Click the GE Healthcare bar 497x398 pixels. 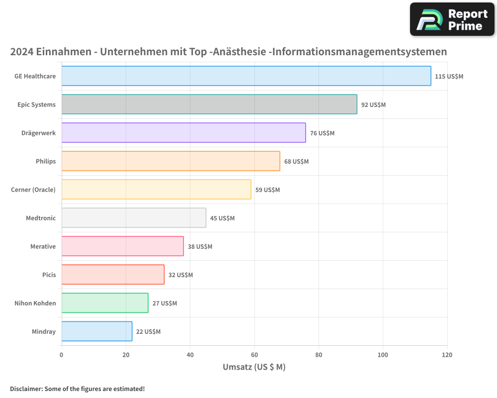(x=246, y=76)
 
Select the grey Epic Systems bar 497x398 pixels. (x=209, y=104)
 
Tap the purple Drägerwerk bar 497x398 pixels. (x=183, y=133)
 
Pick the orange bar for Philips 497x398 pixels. (x=170, y=161)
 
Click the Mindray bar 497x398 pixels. (x=97, y=331)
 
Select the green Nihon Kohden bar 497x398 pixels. (x=105, y=303)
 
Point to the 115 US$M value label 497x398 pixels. (x=449, y=77)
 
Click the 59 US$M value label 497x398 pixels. (x=267, y=190)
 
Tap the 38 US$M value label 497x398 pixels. (x=200, y=247)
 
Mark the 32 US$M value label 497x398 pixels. (x=180, y=275)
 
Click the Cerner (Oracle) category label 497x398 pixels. (x=33, y=190)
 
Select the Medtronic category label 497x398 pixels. (x=41, y=218)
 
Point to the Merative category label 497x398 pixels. (x=43, y=246)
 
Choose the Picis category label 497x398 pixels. (x=49, y=275)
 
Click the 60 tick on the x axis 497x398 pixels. (x=254, y=355)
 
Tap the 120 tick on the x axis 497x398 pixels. (x=447, y=355)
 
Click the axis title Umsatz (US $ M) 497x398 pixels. (x=254, y=367)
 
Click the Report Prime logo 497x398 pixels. (x=452, y=19)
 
